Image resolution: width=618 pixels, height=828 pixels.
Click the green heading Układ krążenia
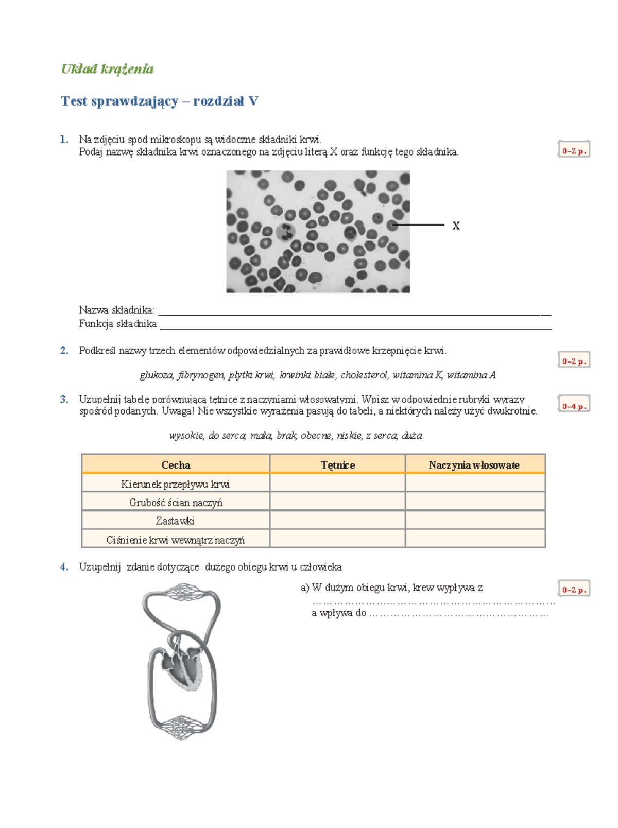[107, 69]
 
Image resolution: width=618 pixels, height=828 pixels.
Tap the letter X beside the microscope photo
[456, 226]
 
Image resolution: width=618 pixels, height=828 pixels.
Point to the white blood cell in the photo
[285, 232]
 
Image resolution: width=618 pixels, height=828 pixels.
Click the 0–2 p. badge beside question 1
[574, 150]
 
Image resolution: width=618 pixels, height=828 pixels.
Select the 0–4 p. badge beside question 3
[574, 405]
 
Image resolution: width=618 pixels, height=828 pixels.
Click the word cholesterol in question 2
[364, 375]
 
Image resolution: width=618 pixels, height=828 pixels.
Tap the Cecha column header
[176, 465]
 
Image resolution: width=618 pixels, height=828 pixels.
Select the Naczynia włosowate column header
[474, 465]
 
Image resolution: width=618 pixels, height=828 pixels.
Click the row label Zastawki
[175, 521]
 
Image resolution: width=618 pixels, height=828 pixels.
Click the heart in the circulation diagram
[183, 664]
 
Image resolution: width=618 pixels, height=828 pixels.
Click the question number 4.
[64, 567]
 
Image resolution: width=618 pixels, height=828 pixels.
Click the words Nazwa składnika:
[116, 310]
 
